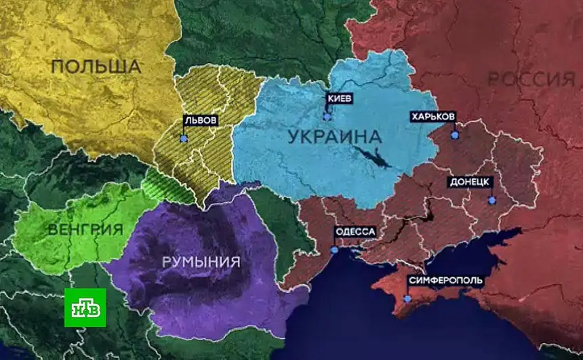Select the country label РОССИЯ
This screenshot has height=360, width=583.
[531, 79]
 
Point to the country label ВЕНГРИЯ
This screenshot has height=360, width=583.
[85, 229]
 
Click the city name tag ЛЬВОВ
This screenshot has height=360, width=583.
[201, 120]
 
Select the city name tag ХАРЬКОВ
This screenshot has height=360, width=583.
[433, 117]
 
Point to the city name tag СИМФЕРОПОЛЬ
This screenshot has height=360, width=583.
[445, 280]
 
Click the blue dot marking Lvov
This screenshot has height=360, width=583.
[184, 138]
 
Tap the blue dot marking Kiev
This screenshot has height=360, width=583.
[327, 117]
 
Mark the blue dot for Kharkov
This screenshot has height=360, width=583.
[455, 135]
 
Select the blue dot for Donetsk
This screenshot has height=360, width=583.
[493, 200]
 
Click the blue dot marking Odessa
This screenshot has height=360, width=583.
[334, 249]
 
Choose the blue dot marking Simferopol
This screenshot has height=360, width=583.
[407, 298]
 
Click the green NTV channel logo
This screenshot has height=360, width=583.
[85, 307]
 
